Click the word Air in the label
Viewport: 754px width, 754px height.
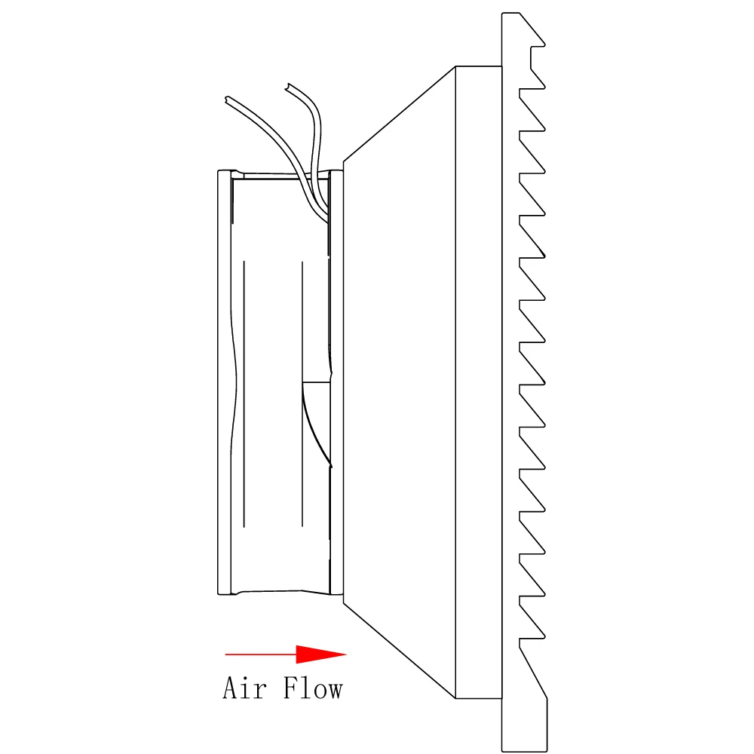244,688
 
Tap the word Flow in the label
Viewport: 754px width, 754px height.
313,688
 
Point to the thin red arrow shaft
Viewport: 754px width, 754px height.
261,654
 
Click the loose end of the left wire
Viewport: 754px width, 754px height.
226,99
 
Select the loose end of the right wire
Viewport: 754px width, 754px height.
287,87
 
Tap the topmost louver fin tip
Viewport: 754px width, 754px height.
544,45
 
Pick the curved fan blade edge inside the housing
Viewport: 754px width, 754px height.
316,425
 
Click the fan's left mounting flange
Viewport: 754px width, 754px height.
225,382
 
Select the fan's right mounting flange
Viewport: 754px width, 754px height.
336,382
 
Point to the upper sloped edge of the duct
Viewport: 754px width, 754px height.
399,114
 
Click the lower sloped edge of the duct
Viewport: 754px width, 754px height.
399,650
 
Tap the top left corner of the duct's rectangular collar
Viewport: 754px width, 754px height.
455,66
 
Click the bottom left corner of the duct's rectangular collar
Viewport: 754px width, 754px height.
455,698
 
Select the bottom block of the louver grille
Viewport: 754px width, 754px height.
524,724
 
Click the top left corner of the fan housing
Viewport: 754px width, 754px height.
219,170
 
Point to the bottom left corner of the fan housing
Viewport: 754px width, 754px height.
219,594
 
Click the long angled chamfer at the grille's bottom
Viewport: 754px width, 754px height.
533,673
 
